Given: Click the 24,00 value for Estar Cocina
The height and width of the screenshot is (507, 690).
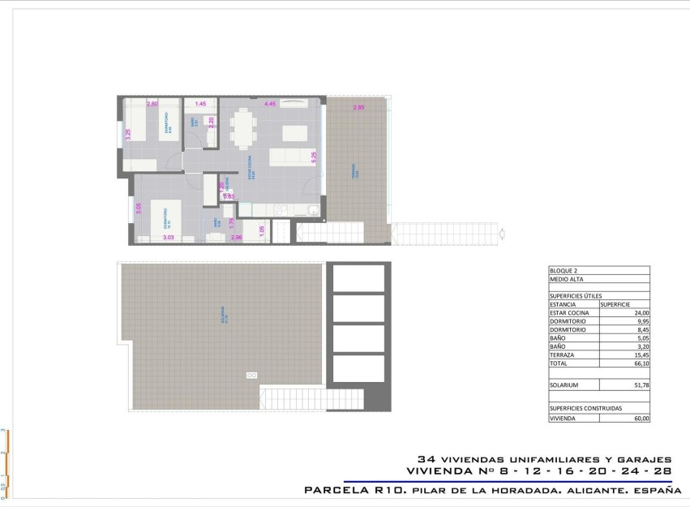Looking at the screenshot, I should (x=640, y=312).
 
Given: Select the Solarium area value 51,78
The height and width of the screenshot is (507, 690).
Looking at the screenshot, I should (x=640, y=385).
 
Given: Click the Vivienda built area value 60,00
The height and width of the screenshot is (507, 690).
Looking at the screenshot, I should (x=641, y=418).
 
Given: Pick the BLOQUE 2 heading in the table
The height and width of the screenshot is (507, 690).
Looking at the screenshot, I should (x=565, y=272).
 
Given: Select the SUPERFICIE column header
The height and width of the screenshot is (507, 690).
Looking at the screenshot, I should (x=616, y=304).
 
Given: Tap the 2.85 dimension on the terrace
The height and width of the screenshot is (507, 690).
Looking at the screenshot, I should (x=358, y=108).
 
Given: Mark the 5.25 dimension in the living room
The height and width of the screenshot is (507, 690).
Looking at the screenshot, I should (x=313, y=157).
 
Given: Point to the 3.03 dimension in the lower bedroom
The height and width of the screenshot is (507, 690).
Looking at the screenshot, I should (x=168, y=237).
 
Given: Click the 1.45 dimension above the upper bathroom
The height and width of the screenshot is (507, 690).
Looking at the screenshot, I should (x=200, y=104).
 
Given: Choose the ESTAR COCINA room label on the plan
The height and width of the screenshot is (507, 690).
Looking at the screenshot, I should (x=252, y=168).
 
